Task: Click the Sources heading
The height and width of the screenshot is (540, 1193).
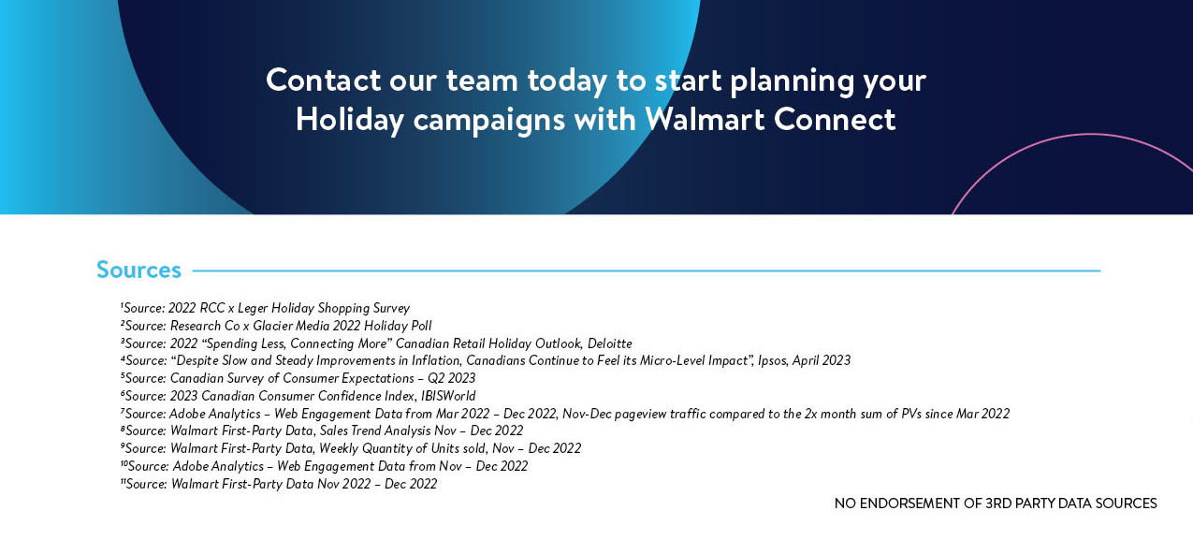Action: [x=138, y=270]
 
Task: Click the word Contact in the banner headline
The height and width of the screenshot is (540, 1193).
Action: [x=324, y=80]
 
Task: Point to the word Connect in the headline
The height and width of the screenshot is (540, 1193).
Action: [x=835, y=119]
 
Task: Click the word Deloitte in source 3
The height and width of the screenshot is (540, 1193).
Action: [x=610, y=343]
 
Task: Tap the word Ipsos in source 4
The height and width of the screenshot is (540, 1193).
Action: [x=772, y=361]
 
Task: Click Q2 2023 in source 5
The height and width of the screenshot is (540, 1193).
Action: [x=451, y=378]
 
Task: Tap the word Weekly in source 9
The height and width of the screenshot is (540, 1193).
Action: [x=339, y=448]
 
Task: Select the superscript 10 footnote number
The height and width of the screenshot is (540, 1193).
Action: [x=124, y=463]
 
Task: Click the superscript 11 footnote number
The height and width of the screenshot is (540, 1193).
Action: [x=123, y=481]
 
